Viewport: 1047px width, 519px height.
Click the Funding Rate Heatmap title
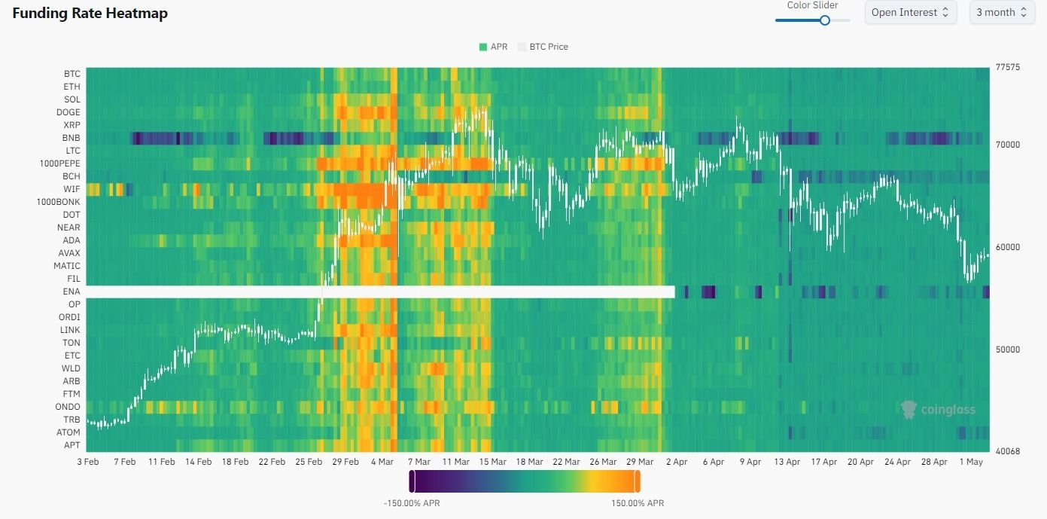90,14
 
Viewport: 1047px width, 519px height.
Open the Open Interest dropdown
911,13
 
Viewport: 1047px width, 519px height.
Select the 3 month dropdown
1000,13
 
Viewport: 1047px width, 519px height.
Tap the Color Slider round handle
824,20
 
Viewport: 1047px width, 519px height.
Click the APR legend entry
494,47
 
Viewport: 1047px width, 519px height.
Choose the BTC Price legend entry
543,47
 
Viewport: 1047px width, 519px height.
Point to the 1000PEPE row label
60,163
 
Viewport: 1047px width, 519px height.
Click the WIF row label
72,189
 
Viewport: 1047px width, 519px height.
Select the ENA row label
72,292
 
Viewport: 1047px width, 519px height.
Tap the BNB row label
72,138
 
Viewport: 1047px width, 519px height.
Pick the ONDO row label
68,407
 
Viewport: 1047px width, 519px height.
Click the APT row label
72,445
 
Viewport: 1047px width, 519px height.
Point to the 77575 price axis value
1007,67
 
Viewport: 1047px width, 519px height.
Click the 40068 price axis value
1007,451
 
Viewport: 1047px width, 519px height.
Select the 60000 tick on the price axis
1007,247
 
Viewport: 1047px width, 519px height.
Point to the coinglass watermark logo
938,410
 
